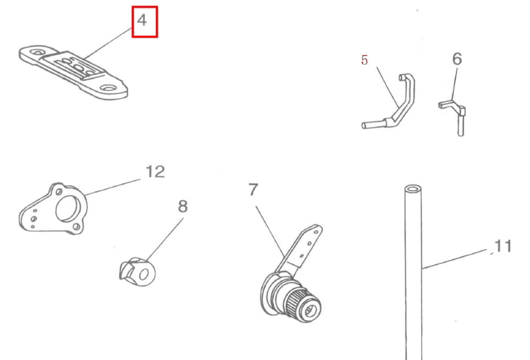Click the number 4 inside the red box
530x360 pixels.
point(142,20)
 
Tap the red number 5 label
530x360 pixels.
point(364,60)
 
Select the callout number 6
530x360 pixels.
point(457,59)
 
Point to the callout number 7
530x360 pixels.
point(253,189)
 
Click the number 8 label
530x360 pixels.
point(183,206)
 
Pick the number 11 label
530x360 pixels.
point(503,246)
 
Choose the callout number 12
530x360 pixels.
point(155,172)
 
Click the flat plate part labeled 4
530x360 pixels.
point(73,72)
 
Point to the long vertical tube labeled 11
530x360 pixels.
point(414,270)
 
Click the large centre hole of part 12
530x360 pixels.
point(67,209)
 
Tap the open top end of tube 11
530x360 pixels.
point(413,188)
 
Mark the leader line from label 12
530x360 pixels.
point(113,187)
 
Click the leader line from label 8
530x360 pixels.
point(165,239)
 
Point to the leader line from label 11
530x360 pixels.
point(454,259)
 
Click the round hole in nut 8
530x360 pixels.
point(144,274)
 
